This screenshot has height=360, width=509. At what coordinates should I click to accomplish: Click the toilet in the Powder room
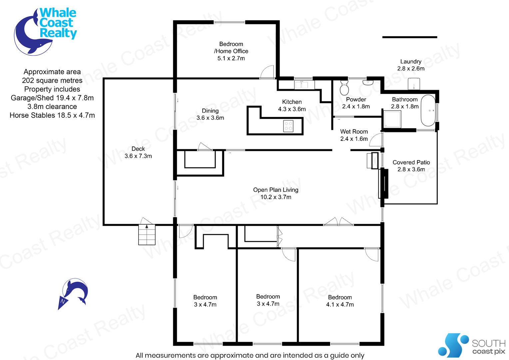(x=344, y=88)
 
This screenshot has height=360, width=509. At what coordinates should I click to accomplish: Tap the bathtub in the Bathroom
(x=428, y=111)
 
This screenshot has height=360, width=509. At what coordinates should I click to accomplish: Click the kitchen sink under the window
(x=302, y=85)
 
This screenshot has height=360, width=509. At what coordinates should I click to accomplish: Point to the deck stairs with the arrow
(x=147, y=235)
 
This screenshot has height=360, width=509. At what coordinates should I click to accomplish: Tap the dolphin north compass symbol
(x=73, y=294)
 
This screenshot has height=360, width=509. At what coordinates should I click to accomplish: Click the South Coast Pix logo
(x=472, y=345)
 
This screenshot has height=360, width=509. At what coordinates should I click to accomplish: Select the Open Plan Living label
(x=275, y=190)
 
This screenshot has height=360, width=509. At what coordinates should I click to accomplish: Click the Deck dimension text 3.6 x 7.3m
(x=138, y=156)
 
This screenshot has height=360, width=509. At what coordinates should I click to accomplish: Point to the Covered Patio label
(x=411, y=162)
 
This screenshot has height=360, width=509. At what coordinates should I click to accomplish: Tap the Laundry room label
(x=411, y=61)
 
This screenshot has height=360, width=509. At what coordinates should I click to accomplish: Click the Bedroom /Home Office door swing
(x=267, y=72)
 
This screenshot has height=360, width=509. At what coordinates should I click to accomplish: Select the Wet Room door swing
(x=376, y=140)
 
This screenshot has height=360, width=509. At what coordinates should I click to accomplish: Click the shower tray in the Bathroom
(x=392, y=119)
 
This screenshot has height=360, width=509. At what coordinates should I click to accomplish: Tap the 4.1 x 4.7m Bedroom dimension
(x=340, y=305)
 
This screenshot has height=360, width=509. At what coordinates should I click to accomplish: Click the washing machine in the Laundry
(x=414, y=84)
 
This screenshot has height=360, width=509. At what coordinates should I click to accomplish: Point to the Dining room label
(x=210, y=111)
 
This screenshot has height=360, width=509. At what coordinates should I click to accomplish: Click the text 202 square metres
(x=52, y=81)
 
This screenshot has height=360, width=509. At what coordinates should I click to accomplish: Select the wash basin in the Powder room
(x=368, y=82)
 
